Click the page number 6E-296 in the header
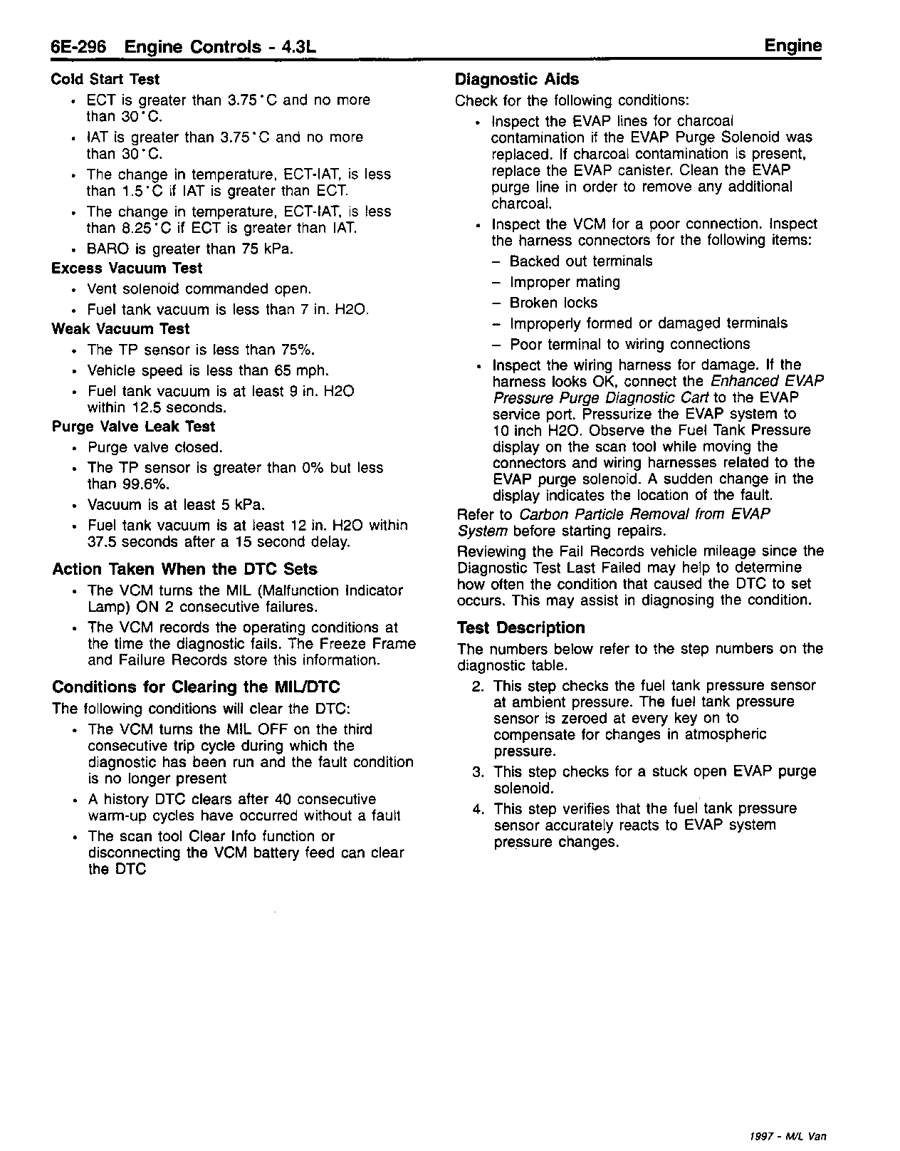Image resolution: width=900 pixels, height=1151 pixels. point(78,47)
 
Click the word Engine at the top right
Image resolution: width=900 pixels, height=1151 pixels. point(792,46)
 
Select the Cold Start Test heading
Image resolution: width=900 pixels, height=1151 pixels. point(105,79)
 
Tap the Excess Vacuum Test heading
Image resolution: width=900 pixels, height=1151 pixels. point(127,269)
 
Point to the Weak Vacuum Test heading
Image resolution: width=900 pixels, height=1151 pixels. point(120,329)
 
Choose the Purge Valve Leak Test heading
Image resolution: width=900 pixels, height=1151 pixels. point(133,427)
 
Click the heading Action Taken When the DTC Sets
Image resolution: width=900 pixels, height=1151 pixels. point(184,569)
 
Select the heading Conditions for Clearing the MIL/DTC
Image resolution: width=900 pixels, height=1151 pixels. point(196,687)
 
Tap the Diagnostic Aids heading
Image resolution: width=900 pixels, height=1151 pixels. point(517,79)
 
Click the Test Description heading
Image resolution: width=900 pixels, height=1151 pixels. point(520,627)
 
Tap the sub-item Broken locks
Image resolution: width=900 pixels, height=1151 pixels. point(553,303)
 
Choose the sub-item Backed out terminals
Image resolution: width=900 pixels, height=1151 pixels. point(580,261)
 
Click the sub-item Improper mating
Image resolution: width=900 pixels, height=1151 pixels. point(565,282)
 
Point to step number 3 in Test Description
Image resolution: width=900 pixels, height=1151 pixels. point(478,771)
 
